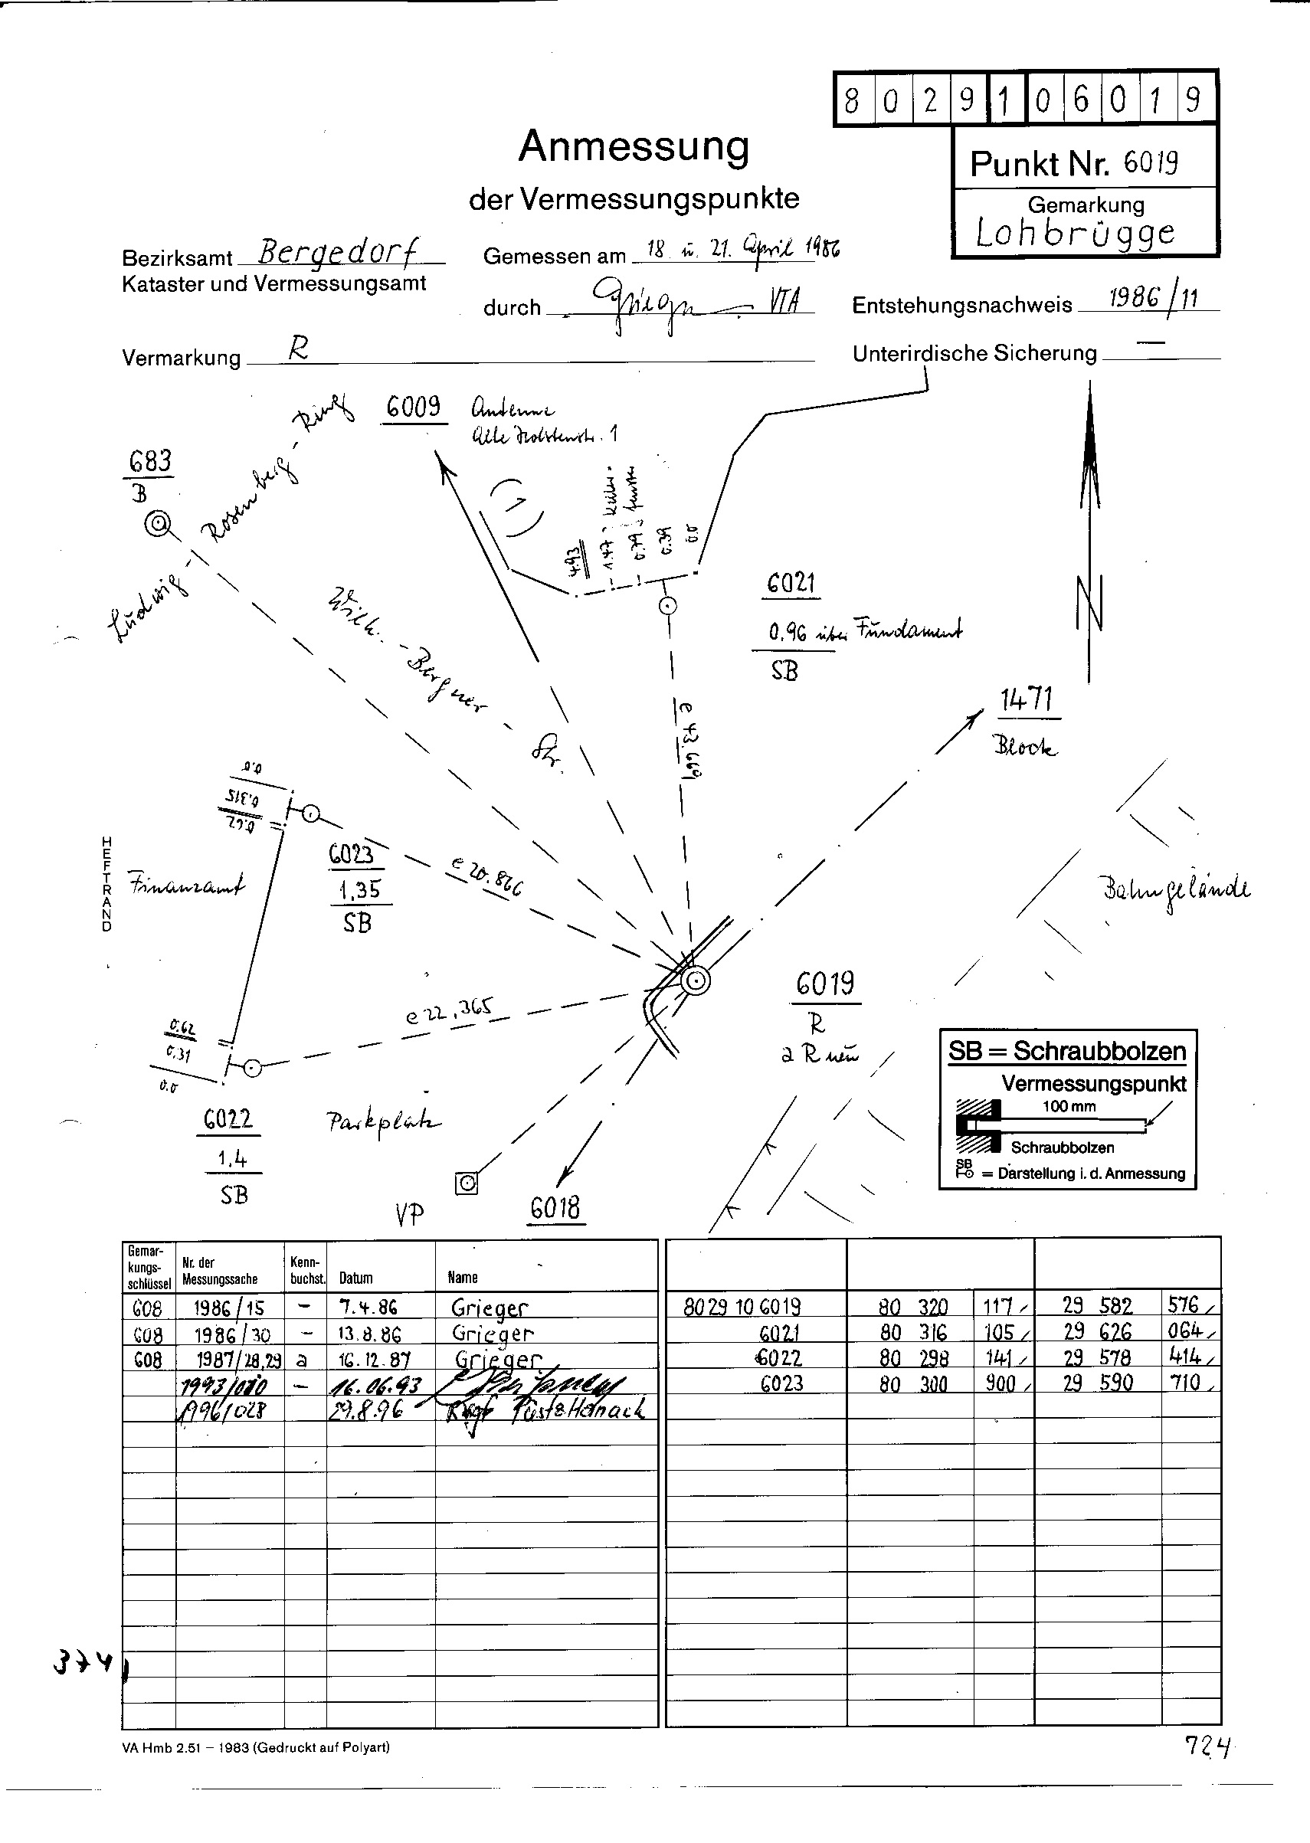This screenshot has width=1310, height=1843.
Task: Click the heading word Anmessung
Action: [634, 147]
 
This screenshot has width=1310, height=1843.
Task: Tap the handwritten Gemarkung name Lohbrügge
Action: [1075, 233]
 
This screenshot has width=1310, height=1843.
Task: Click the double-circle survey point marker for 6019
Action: [695, 981]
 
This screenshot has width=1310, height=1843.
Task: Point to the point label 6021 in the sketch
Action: [791, 582]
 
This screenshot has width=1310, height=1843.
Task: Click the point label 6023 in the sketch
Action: [352, 854]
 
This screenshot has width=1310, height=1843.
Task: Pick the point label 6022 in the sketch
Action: [228, 1118]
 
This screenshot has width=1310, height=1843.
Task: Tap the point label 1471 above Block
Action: [1026, 699]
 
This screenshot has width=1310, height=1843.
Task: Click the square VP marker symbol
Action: [467, 1183]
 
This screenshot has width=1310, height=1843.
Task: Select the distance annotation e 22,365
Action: [448, 1010]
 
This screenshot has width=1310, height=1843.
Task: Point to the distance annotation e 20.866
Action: [487, 878]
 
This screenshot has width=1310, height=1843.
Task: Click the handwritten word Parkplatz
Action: [384, 1121]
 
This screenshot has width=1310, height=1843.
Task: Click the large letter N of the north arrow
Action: [1090, 604]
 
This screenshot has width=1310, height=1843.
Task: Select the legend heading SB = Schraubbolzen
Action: [1066, 1052]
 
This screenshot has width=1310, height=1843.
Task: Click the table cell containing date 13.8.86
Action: [368, 1334]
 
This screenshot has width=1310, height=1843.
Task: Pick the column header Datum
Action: [355, 1278]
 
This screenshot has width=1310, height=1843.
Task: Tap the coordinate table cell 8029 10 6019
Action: [742, 1307]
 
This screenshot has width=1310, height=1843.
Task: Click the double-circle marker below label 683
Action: [158, 525]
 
